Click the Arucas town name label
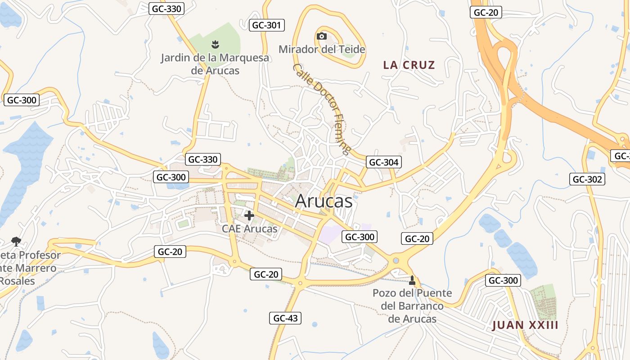tap(324, 201)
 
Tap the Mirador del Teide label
tap(322, 49)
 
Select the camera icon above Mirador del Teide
tap(321, 36)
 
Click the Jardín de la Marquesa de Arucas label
tap(215, 64)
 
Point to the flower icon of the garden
tap(215, 44)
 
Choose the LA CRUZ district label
tap(409, 65)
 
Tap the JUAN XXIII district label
tap(525, 325)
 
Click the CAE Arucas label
tap(249, 229)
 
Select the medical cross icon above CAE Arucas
tap(249, 216)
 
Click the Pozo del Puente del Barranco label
tap(412, 306)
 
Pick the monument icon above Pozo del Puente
tap(412, 280)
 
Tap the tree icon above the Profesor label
tap(16, 242)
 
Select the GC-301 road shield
tap(267, 25)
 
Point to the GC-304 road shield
tap(383, 162)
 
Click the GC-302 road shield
tap(587, 179)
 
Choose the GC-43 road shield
tap(285, 318)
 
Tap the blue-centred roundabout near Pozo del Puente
tap(396, 261)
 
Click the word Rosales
tap(17, 281)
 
